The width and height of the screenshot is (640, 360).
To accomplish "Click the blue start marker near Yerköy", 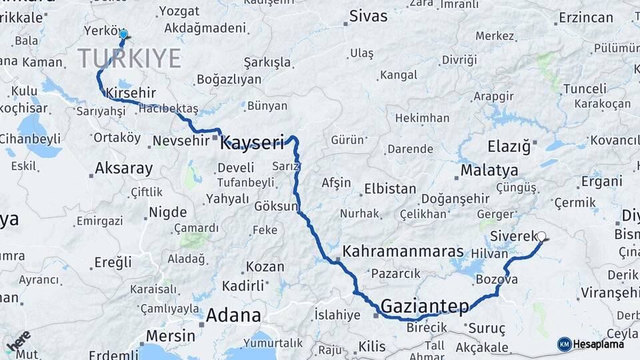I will coord(123,34).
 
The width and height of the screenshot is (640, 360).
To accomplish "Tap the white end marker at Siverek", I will coord(541,236).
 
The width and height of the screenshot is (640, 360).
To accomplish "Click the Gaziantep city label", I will coord(424,306).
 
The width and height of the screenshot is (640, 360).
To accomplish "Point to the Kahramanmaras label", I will coord(403,252).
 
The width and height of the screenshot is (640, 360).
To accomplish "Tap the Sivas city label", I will coord(368,15).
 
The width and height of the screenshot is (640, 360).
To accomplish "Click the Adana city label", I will coord(233,315).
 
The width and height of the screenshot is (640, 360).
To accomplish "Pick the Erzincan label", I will coord(586,18).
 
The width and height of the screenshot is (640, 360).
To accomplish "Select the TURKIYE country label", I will coord(130,59).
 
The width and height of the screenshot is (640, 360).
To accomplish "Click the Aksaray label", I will coord(124,168).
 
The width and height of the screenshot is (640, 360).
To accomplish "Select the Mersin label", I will coord(170,335).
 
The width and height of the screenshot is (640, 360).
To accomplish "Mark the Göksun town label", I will coord(275,207).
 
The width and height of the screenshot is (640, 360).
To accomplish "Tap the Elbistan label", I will coord(390,189).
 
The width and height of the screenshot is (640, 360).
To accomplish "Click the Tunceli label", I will coord(585,89).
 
